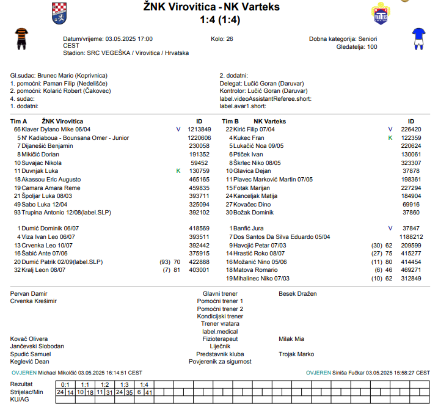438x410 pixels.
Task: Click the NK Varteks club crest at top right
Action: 381,14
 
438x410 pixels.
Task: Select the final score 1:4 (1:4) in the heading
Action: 220,20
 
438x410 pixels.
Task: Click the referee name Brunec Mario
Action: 56,76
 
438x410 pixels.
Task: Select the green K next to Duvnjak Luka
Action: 178,171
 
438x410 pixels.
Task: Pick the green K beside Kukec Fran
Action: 390,138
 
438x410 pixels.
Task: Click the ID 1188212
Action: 411,236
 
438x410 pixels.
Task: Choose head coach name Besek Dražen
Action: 297,294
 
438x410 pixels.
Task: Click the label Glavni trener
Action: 220,294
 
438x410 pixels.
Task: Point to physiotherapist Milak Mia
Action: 291,339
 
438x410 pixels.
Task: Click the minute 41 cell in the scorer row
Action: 148,392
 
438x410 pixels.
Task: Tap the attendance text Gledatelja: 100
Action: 357,46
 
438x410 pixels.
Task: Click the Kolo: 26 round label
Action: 222,38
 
